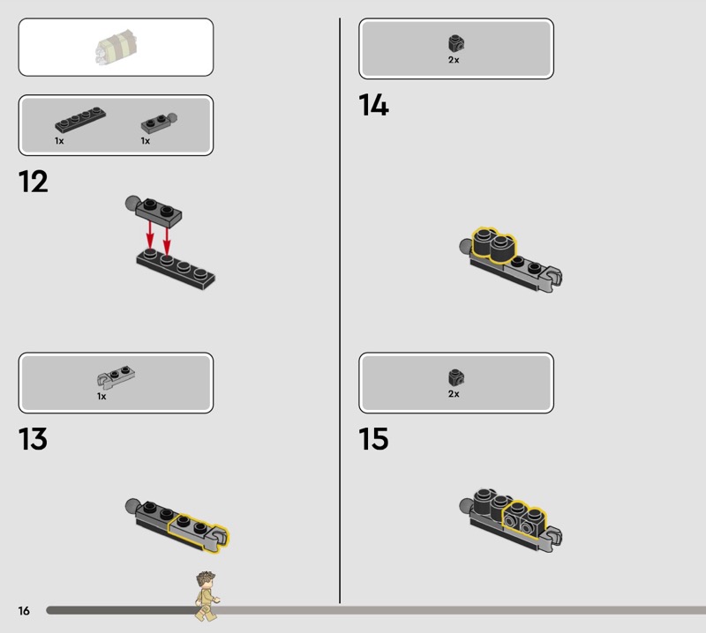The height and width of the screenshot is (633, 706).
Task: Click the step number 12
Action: (34, 182)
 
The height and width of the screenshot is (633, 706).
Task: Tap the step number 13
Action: (33, 439)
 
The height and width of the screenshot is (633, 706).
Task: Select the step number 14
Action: (373, 105)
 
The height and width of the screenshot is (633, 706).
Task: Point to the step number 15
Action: (373, 439)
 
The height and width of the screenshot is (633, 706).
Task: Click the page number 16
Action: (24, 610)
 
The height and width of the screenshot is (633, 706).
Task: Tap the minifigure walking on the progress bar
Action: (207, 596)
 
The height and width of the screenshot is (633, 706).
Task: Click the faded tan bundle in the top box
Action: (116, 48)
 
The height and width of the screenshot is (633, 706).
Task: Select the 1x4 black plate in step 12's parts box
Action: (80, 120)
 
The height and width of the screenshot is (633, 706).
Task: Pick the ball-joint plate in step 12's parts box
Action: (160, 123)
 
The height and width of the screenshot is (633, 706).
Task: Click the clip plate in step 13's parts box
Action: (116, 377)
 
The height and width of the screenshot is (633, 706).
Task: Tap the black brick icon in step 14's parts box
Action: (456, 43)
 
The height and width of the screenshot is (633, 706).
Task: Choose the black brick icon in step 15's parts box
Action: (456, 377)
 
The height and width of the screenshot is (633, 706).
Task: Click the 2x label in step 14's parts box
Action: (454, 60)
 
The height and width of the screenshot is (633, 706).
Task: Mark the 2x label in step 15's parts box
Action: (454, 394)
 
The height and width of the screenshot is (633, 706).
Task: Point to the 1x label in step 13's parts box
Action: (101, 397)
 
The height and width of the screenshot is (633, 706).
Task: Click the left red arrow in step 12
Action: (150, 235)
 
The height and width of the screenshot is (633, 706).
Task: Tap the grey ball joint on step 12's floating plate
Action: (133, 203)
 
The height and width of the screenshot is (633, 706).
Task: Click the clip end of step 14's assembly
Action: (553, 277)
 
